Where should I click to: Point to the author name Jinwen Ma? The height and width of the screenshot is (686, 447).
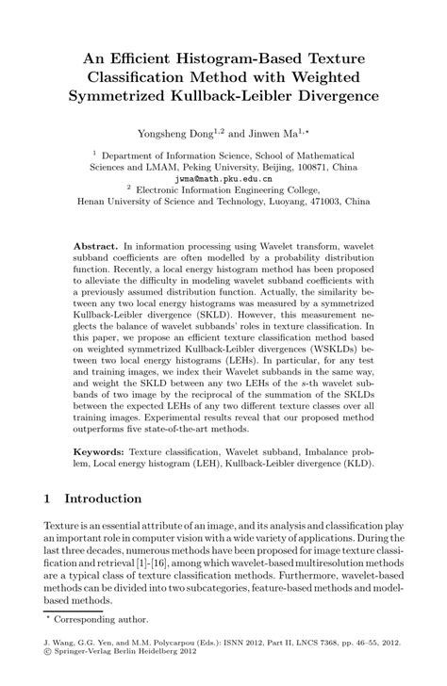point(274,135)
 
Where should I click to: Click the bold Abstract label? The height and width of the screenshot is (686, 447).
point(95,244)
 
